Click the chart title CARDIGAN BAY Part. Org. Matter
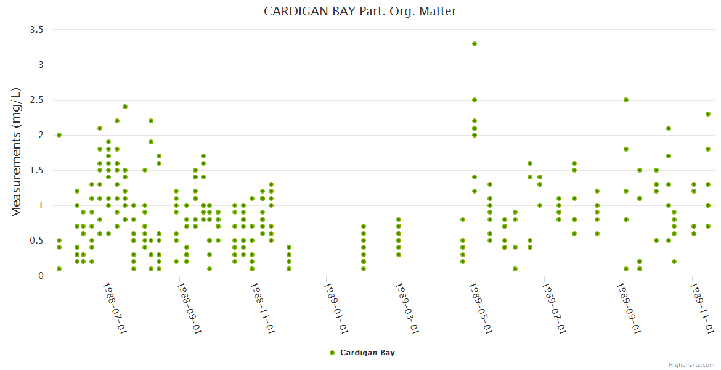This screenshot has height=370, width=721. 360,12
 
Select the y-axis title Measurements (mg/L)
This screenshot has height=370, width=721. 17,152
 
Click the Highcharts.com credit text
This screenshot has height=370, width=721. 691,364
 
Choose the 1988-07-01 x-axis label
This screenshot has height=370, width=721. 114,308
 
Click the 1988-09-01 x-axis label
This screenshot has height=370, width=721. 188,308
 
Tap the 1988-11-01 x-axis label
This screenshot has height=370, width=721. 261,308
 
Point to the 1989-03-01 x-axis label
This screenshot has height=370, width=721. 407,308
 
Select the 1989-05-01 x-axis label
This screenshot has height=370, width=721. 480,308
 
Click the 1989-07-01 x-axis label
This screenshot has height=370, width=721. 553,308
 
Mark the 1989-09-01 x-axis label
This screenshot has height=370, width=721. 627,308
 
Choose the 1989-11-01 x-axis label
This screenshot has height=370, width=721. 701,308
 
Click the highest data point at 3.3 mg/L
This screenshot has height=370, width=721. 475,44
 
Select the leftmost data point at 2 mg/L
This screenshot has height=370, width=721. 59,135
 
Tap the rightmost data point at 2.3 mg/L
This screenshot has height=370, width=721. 708,114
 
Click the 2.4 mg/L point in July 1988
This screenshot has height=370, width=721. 125,107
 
